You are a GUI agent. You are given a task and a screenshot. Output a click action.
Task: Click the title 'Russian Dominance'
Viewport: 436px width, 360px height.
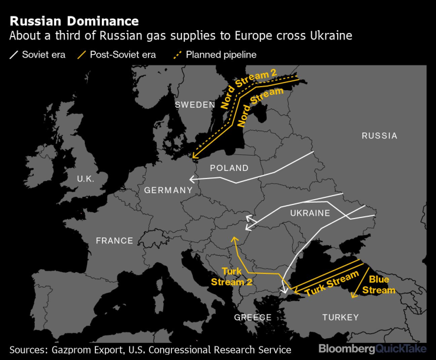pos(74,22)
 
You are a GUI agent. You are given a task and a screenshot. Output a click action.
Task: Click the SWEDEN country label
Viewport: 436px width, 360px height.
pos(195,105)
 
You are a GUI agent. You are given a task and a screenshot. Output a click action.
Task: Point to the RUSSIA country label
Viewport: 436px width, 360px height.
pos(379,136)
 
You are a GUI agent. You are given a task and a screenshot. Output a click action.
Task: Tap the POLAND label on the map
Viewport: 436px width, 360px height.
pos(229,168)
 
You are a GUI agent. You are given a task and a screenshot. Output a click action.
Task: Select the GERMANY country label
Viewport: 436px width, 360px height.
pos(168,190)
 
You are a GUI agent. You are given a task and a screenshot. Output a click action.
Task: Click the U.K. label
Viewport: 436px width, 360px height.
pos(85,178)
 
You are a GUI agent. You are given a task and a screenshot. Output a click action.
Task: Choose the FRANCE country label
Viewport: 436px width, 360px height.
pos(114,240)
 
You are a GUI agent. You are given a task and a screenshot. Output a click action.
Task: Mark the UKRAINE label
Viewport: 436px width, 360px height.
pos(310,213)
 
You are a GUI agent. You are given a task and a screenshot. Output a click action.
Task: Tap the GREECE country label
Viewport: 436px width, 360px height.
pos(253,317)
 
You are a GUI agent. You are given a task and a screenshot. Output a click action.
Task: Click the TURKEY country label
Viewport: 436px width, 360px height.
pos(340,317)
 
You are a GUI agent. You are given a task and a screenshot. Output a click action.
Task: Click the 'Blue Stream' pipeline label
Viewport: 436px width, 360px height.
pos(378,285)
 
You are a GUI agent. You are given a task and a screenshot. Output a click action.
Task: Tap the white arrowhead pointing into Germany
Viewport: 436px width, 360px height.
pos(191,180)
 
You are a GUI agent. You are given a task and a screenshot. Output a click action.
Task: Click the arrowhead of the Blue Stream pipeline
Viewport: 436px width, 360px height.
pos(352,298)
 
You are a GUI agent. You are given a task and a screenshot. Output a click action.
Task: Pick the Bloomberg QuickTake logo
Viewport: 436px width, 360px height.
pos(372,349)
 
